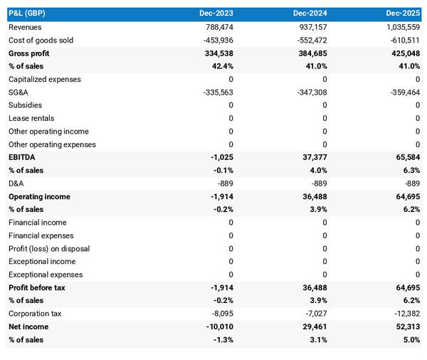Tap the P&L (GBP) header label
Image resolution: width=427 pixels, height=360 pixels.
click(28, 14)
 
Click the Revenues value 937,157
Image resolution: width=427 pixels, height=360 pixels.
click(310, 27)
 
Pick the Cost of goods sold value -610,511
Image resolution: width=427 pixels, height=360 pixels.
click(404, 41)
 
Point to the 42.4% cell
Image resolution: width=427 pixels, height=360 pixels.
click(221, 66)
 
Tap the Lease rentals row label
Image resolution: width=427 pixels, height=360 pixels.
click(31, 118)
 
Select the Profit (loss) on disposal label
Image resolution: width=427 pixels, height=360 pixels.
click(48, 248)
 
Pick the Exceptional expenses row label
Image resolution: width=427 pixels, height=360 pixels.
click(46, 275)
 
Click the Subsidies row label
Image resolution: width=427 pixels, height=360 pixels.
click(25, 105)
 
